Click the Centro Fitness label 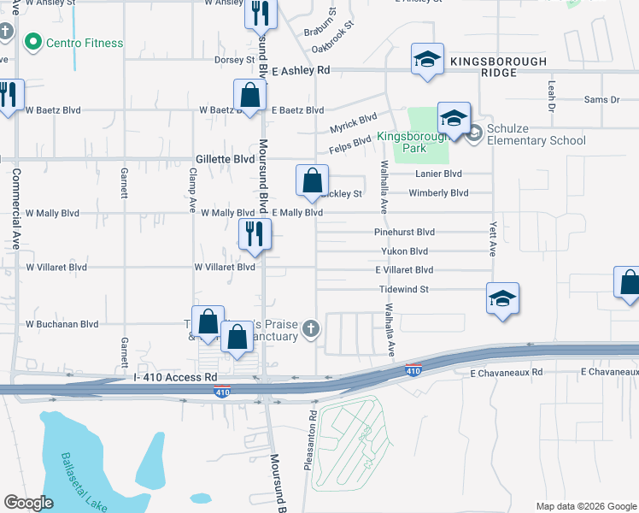pyautogui.click(x=84, y=43)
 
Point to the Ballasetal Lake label pyautogui.click(x=83, y=482)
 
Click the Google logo pyautogui.click(x=28, y=503)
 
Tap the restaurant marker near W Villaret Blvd pyautogui.click(x=255, y=233)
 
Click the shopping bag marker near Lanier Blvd pyautogui.click(x=313, y=180)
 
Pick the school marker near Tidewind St pyautogui.click(x=502, y=298)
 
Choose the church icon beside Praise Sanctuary pyautogui.click(x=311, y=327)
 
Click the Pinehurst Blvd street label pyautogui.click(x=405, y=232)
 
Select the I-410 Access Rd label pyautogui.click(x=176, y=377)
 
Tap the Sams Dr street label pyautogui.click(x=601, y=100)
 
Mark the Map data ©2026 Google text pyautogui.click(x=585, y=506)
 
